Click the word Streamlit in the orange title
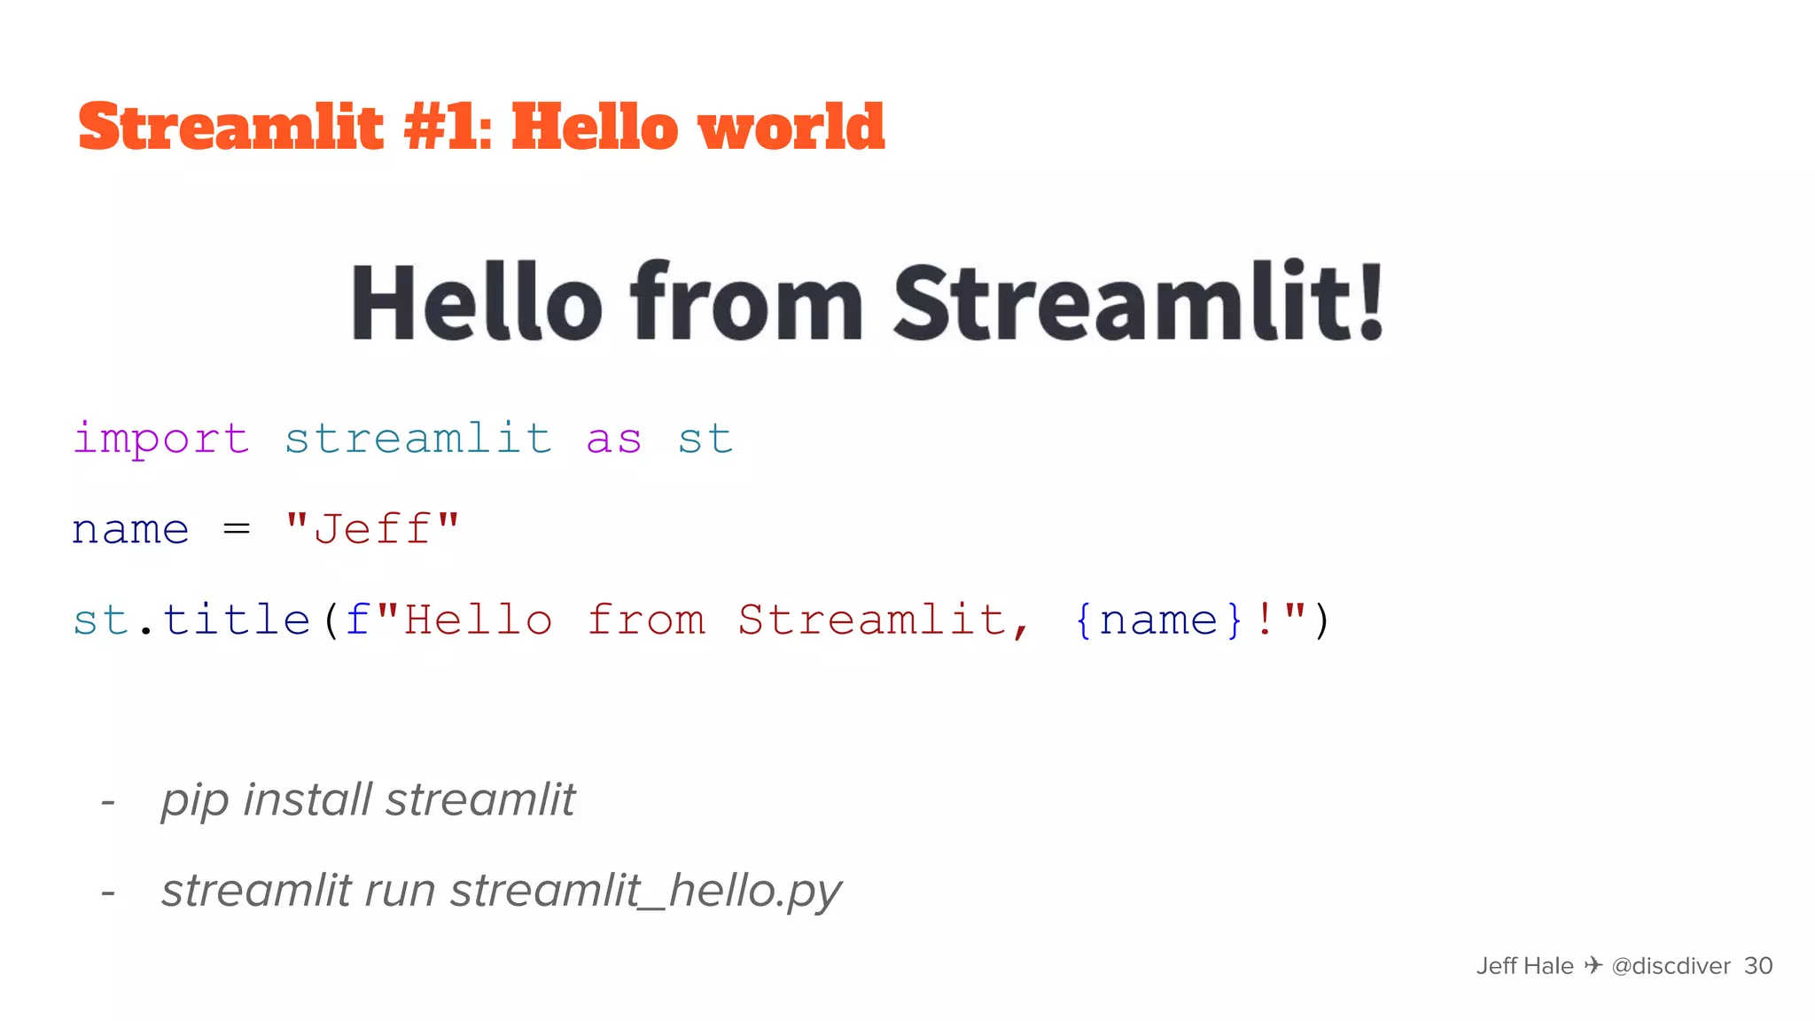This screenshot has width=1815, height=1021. tap(231, 127)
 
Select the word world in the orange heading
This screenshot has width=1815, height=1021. tap(791, 127)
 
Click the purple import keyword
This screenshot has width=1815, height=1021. tap(160, 439)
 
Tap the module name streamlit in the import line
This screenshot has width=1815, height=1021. tap(417, 439)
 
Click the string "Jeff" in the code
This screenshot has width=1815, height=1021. tap(372, 529)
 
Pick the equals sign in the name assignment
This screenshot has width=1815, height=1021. tap(237, 529)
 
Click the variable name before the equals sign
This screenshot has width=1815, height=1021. tap(130, 530)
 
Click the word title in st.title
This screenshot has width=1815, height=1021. tap(237, 619)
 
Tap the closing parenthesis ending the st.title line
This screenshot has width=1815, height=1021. tap(1321, 620)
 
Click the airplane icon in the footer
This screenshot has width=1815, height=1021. tap(1593, 964)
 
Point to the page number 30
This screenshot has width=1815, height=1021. tap(1758, 965)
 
